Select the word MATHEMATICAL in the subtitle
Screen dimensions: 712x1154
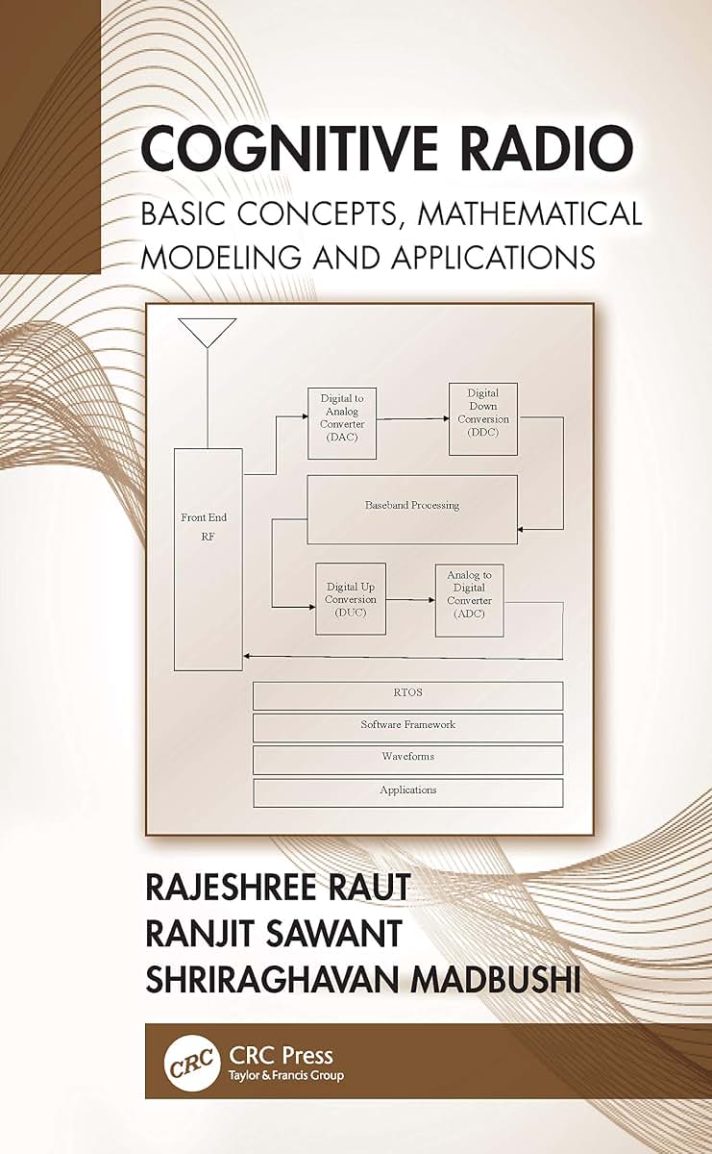click(x=529, y=213)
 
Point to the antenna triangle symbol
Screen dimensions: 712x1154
click(x=208, y=333)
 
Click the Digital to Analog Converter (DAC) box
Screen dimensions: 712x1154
click(x=342, y=423)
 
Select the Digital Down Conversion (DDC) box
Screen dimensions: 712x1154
click(x=483, y=419)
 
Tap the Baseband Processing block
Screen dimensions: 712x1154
click(x=412, y=509)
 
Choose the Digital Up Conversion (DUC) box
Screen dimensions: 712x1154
click(x=351, y=599)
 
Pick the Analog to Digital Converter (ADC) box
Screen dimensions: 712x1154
click(x=470, y=601)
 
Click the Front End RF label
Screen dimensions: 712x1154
click(x=204, y=527)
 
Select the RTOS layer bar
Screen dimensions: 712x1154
click(x=407, y=696)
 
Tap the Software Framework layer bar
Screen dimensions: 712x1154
click(x=407, y=727)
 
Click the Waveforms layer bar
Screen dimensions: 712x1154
click(x=407, y=760)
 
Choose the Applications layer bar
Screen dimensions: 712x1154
click(x=407, y=792)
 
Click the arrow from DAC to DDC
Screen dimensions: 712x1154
click(x=413, y=419)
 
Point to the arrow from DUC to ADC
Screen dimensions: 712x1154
click(x=410, y=600)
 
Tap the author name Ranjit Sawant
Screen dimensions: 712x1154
click(x=274, y=934)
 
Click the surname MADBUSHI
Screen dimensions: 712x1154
click(x=495, y=979)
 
